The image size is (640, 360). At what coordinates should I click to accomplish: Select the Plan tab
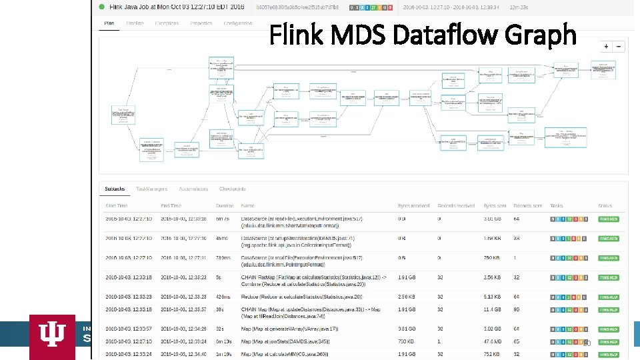click(x=109, y=23)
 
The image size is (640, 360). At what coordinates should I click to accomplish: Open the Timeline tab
click(x=135, y=23)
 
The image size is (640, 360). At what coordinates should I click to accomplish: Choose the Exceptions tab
click(x=167, y=23)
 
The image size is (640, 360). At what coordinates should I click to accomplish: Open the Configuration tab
click(x=238, y=23)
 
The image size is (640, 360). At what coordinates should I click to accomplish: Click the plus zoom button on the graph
click(x=606, y=47)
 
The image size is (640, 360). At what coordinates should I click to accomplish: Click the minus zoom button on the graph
click(x=619, y=47)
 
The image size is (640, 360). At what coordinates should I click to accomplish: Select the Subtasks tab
click(x=116, y=189)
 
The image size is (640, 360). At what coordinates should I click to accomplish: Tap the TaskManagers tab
click(x=152, y=189)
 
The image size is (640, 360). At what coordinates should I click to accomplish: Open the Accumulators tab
click(x=193, y=189)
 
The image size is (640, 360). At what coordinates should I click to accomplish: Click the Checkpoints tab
click(x=233, y=189)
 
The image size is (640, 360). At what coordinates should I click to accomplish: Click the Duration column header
click(x=225, y=206)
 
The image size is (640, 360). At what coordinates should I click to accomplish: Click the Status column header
click(x=605, y=206)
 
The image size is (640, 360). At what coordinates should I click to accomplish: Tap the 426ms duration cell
click(x=225, y=297)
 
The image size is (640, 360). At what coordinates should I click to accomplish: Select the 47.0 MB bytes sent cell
click(x=493, y=341)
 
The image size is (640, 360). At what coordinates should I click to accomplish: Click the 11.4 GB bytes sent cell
click(x=493, y=309)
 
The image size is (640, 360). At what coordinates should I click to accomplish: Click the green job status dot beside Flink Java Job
click(x=102, y=7)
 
